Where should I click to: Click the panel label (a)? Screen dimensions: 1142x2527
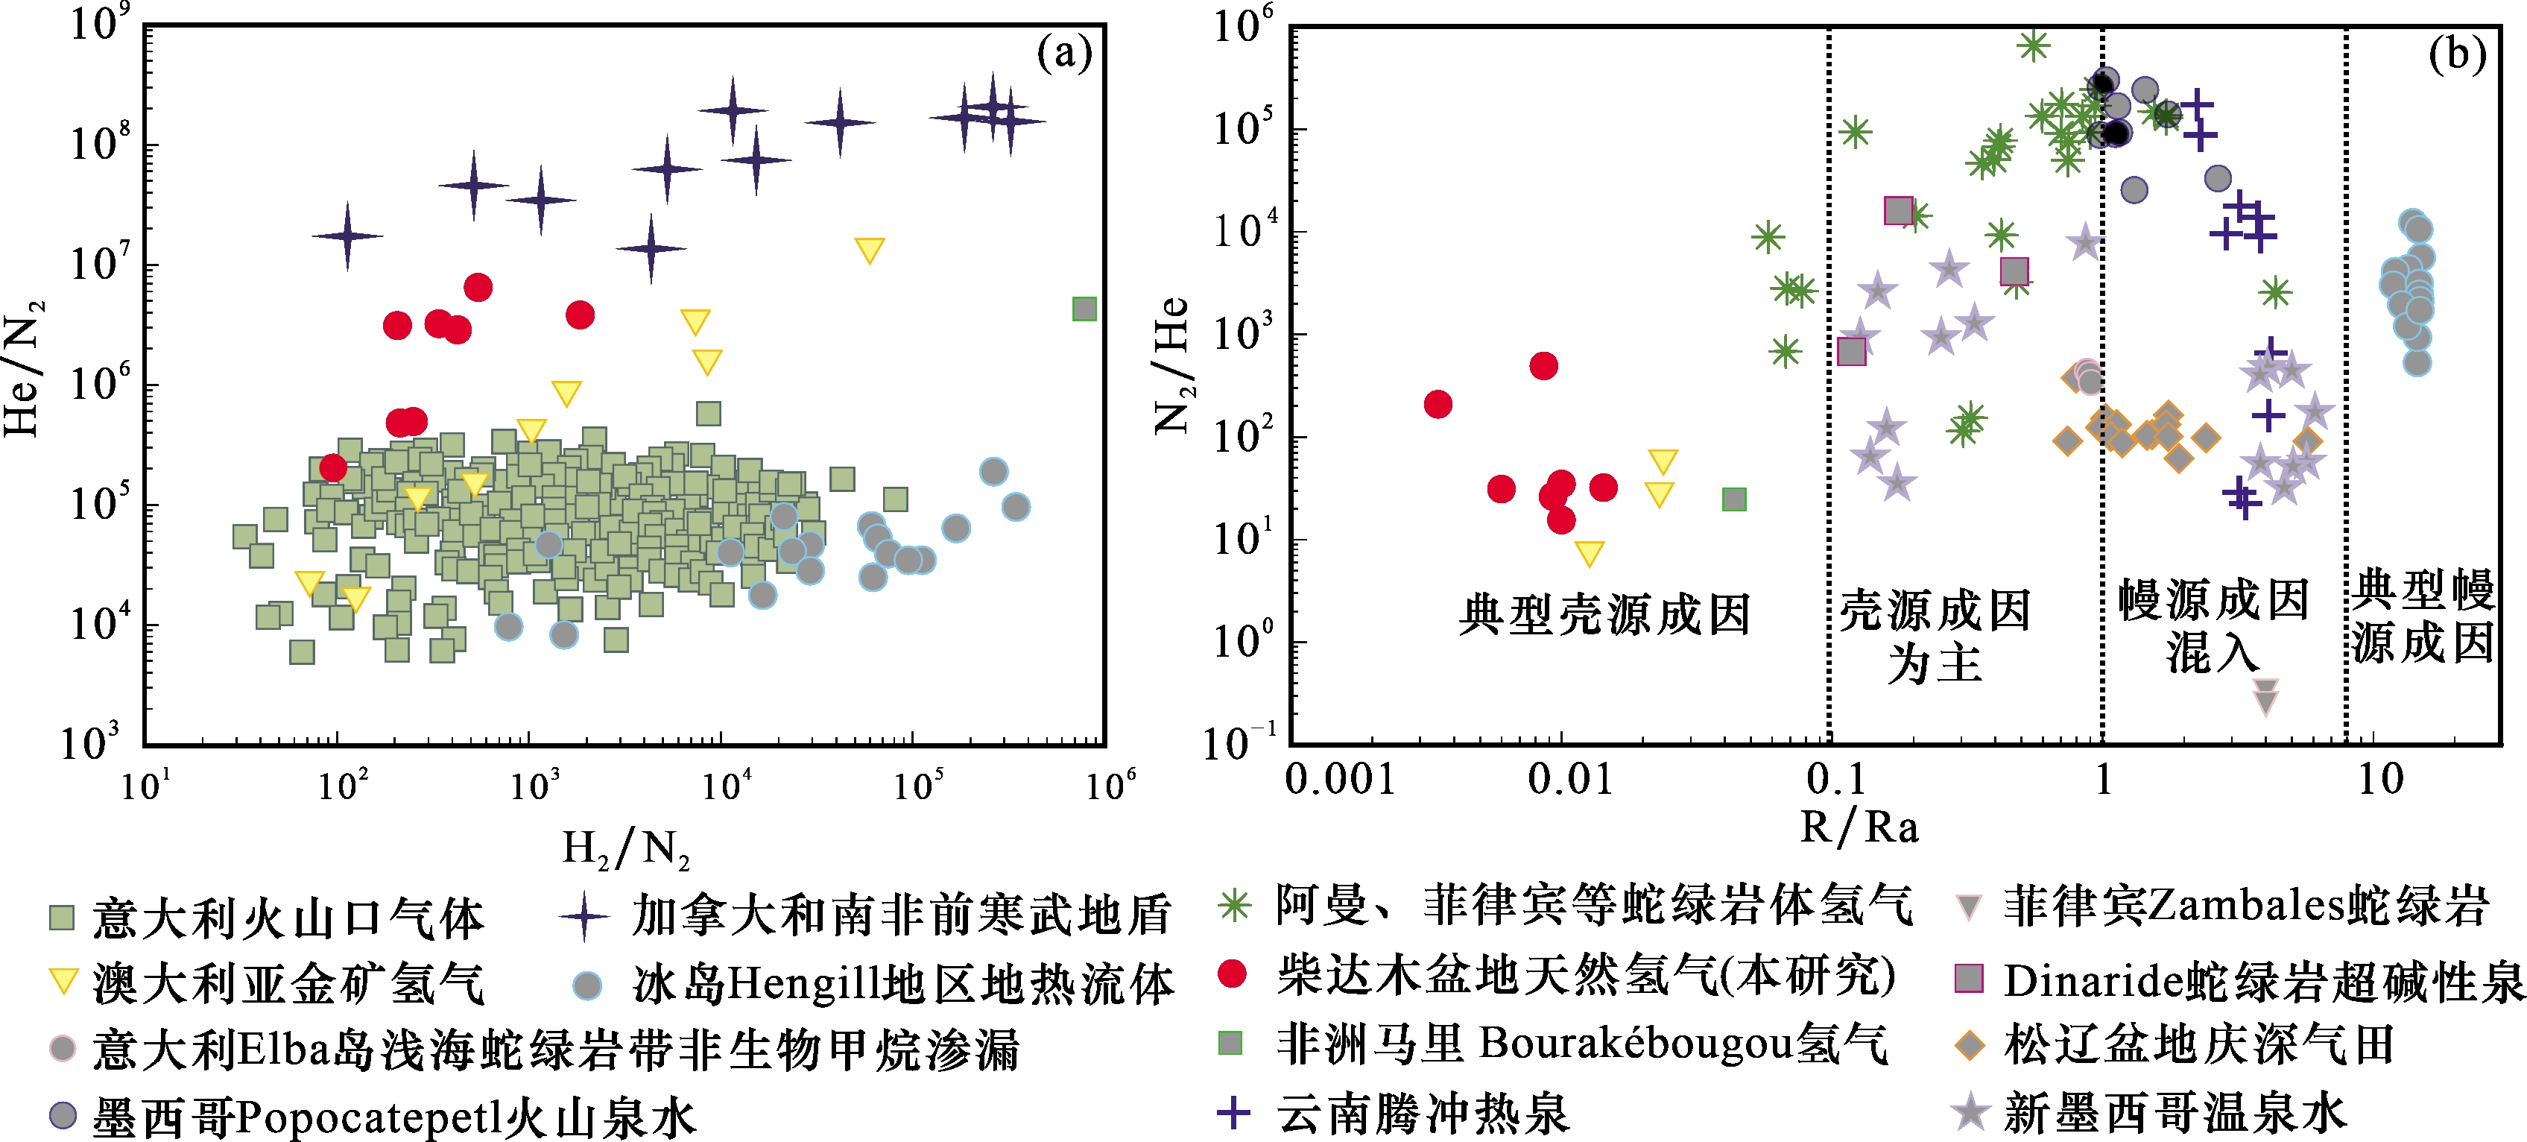1063,54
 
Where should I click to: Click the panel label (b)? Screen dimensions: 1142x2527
2456,54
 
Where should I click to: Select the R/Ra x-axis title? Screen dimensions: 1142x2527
1859,827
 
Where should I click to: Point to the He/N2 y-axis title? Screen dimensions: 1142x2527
22,368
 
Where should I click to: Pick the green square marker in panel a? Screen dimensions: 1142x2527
1084,309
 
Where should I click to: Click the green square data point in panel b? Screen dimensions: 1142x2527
1734,499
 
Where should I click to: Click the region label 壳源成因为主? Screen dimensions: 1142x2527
1935,636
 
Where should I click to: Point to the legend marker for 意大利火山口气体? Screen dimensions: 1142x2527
62,918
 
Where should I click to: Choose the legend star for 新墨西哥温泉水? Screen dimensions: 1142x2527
1969,1113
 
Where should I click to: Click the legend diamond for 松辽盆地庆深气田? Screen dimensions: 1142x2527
1969,1046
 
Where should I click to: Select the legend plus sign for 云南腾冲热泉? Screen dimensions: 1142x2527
1233,1113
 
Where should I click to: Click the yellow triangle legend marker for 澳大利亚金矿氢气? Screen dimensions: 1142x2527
63,982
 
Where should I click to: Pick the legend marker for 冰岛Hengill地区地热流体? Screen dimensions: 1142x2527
586,984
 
